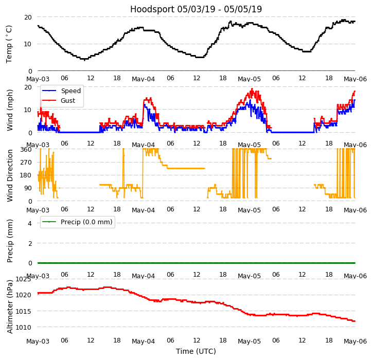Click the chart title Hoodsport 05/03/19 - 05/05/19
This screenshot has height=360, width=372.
tap(196, 9)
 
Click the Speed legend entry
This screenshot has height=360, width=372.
tap(70, 91)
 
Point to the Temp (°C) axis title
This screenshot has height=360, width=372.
tap(9, 44)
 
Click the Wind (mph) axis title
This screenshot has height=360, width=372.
tap(10, 110)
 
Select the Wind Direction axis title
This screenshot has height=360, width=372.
tap(10, 175)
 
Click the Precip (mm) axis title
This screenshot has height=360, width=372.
tap(10, 241)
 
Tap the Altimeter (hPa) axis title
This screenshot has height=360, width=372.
tap(10, 307)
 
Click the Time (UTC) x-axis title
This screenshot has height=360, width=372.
tap(196, 351)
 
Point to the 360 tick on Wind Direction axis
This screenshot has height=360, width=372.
tap(26, 150)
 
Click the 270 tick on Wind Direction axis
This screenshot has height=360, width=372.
tap(26, 163)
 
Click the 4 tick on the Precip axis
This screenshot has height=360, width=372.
tap(30, 223)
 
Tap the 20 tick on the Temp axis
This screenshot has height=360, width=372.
tap(28, 17)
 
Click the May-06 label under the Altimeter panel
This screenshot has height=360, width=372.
tap(355, 341)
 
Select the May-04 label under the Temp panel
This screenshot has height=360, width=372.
tap(144, 79)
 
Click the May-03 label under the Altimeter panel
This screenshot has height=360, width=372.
tap(38, 341)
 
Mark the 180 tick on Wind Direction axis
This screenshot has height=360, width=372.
tap(26, 175)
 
